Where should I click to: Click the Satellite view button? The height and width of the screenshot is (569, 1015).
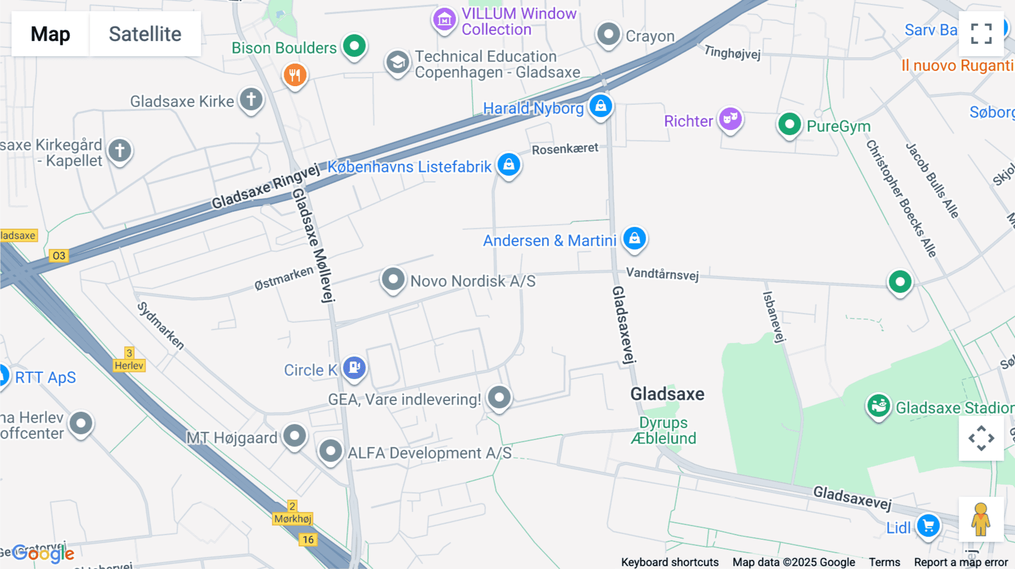[145, 34]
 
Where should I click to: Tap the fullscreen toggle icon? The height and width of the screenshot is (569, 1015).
[981, 34]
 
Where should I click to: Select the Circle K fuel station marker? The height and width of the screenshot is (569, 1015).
[354, 368]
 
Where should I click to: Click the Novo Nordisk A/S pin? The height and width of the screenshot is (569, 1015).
[393, 279]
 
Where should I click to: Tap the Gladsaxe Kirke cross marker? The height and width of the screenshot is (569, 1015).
[251, 100]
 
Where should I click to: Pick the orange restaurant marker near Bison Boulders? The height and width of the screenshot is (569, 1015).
[295, 74]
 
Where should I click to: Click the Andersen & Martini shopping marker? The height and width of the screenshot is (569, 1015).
[634, 238]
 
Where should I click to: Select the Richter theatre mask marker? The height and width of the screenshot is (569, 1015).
[730, 119]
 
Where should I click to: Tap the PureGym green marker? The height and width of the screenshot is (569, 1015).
[789, 124]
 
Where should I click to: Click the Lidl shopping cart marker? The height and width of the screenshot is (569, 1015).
[928, 526]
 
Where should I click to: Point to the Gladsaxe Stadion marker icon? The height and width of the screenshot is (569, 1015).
[879, 405]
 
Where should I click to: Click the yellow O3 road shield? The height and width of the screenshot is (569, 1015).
[59, 256]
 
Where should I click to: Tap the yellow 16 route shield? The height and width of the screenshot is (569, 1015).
[308, 540]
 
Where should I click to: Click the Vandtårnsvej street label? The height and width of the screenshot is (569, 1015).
[662, 274]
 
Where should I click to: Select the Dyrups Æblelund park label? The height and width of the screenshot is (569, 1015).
[664, 430]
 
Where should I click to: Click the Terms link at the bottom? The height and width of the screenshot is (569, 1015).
[884, 562]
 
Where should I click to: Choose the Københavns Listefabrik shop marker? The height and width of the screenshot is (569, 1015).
[509, 165]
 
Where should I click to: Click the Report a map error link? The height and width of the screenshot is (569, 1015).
[960, 562]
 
